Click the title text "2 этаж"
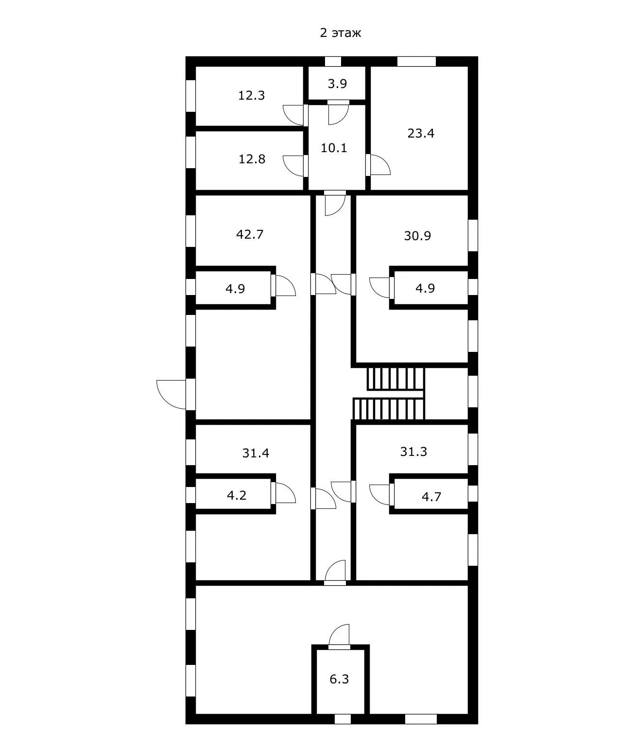click(340, 33)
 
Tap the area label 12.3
click(251, 95)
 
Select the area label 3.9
click(337, 84)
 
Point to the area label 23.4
click(421, 133)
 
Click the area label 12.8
click(252, 159)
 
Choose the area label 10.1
click(334, 148)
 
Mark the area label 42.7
click(250, 234)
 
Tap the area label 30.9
click(417, 236)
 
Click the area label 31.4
click(256, 453)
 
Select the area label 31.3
click(413, 452)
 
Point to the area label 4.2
click(237, 496)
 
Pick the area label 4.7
click(431, 497)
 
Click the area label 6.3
click(339, 679)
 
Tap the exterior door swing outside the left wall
click(172, 394)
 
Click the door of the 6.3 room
click(339, 637)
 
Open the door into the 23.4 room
click(379, 165)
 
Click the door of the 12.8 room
click(294, 166)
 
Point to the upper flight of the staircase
click(395, 379)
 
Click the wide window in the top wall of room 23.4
click(416, 62)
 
